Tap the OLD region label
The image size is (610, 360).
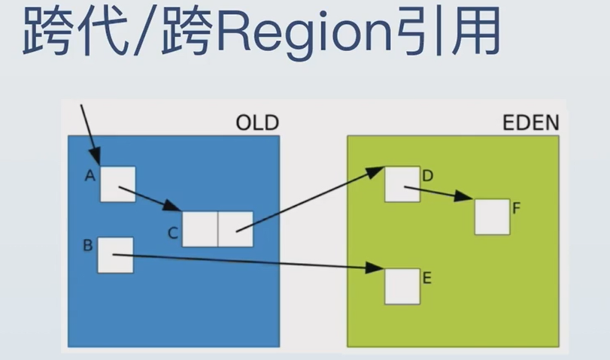pyautogui.click(x=257, y=122)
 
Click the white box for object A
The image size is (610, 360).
pyautogui.click(x=118, y=184)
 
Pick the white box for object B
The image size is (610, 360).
pyautogui.click(x=116, y=256)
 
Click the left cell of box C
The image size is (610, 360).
pyautogui.click(x=199, y=229)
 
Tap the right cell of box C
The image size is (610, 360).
pyautogui.click(x=235, y=229)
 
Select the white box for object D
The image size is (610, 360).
pyautogui.click(x=402, y=184)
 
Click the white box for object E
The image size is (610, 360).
pyautogui.click(x=402, y=286)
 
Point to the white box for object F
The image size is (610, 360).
pyautogui.click(x=493, y=216)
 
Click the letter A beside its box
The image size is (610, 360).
pyautogui.click(x=90, y=177)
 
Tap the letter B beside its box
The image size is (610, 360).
pyautogui.click(x=88, y=245)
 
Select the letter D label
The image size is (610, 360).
pyautogui.click(x=428, y=177)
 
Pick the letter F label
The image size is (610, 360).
pyautogui.click(x=517, y=207)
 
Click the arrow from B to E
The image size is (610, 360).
pyautogui.click(x=248, y=262)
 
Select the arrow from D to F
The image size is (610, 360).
pyautogui.click(x=444, y=194)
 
